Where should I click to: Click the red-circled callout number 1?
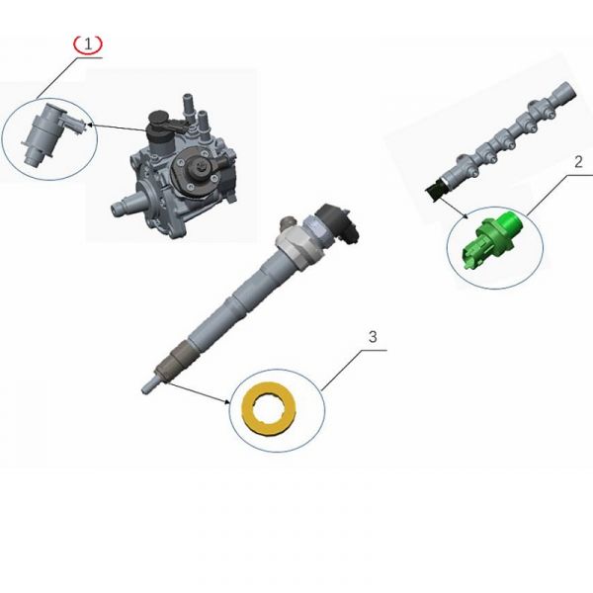click(x=88, y=44)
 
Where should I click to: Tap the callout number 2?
click(x=578, y=162)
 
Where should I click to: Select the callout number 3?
click(x=373, y=336)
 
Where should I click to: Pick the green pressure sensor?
click(x=492, y=238)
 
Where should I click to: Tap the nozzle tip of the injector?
click(x=149, y=385)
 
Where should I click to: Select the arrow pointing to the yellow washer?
click(x=198, y=393)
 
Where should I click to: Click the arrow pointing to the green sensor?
click(x=454, y=207)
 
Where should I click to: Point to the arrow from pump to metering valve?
click(x=118, y=127)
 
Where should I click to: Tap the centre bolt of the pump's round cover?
click(x=199, y=166)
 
